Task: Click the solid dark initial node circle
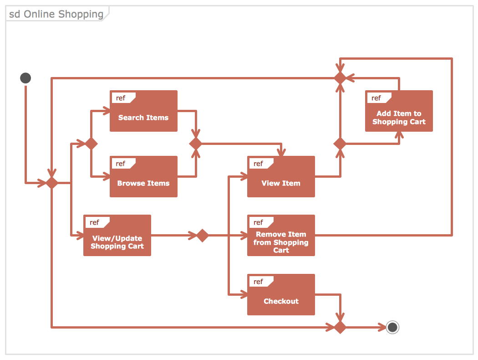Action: pos(25,78)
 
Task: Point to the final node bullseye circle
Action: pos(392,327)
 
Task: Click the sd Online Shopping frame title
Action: pos(56,14)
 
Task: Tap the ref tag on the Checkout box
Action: pos(259,282)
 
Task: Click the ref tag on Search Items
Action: pos(121,98)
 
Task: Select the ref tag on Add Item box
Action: pos(376,98)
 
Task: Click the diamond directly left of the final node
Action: pos(340,327)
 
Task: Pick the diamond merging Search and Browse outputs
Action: pos(196,144)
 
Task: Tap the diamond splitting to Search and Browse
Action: pos(91,144)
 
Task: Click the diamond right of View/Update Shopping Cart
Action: pos(202,236)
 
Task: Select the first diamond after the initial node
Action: pos(52,183)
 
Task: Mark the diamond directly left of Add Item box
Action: pos(340,144)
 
